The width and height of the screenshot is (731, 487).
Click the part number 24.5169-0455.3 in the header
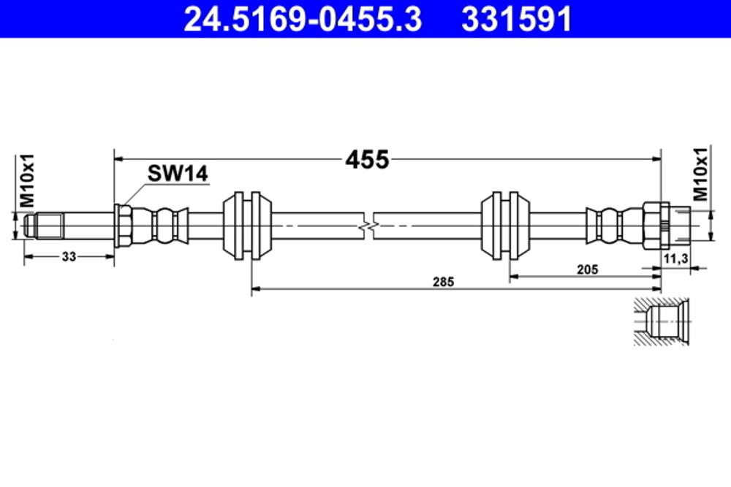pos(302,20)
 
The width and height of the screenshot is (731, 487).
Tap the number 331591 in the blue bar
pos(516,20)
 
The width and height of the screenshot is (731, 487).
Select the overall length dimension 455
pos(368,158)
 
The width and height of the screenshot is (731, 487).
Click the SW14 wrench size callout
pos(178,174)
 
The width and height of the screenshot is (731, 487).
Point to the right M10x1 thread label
pos(701,175)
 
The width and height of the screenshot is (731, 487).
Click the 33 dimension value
pos(69,256)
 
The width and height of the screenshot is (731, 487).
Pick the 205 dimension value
pos(586,269)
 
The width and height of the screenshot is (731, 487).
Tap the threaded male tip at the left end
pos(42,225)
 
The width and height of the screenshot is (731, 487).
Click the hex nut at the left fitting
pos(124,225)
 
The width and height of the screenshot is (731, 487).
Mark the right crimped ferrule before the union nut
pos(608,226)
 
